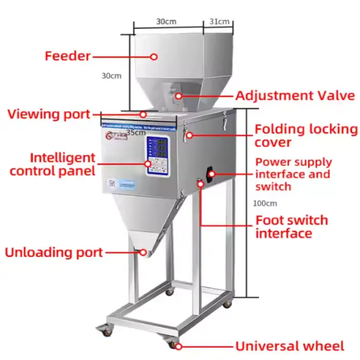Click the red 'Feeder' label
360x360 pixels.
point(67,56)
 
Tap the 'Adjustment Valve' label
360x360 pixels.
point(295,96)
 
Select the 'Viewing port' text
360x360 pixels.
point(48,114)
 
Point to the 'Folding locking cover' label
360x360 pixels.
point(305,135)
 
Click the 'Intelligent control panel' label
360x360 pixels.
point(52,164)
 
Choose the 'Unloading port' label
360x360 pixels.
point(53,253)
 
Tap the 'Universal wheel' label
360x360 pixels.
point(290,346)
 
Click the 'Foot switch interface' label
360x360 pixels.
point(292,226)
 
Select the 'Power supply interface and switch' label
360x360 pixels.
point(293,174)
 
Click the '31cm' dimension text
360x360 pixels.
point(220,22)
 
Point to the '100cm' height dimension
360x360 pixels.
point(265,203)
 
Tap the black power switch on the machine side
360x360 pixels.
point(210,173)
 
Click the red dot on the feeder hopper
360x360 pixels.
point(153,57)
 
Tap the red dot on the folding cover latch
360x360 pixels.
point(189,135)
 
